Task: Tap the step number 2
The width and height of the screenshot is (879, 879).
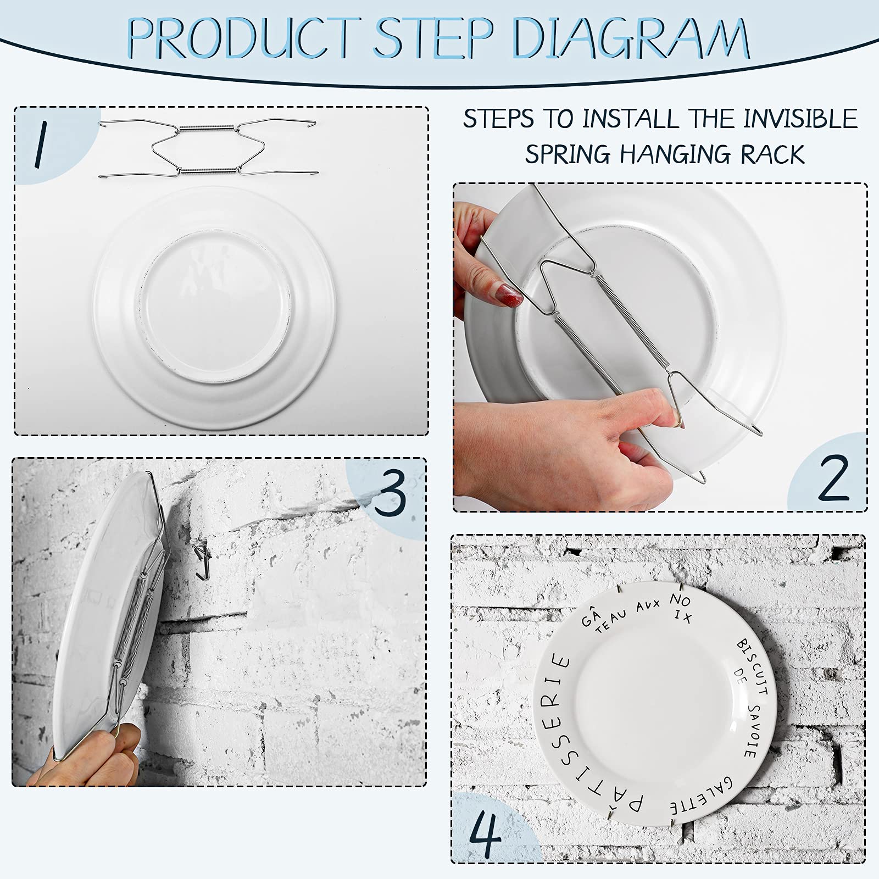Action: click(833, 478)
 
